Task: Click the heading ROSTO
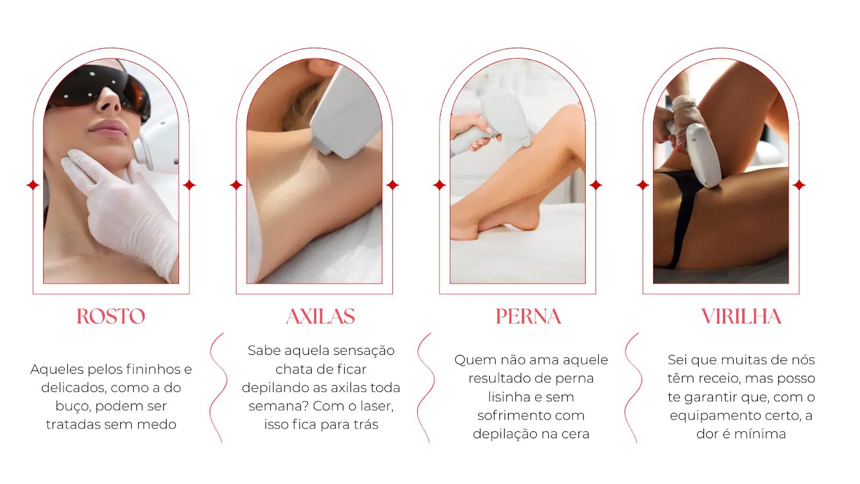coord(111,316)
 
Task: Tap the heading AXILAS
coord(320,316)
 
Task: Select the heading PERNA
coord(528,316)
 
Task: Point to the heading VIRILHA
coord(741,316)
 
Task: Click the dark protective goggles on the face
coord(97,89)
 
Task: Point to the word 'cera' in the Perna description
coord(575,433)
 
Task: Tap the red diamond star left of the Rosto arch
coord(33,185)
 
